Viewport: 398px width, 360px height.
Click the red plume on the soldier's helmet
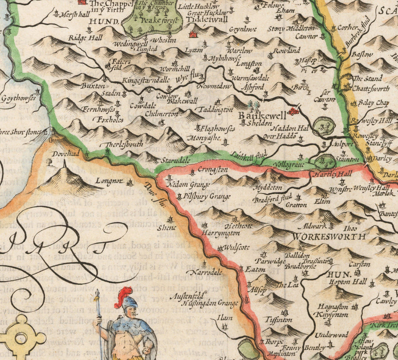(123, 295)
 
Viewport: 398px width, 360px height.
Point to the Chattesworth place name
(371, 88)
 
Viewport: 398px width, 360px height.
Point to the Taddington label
(215, 109)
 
